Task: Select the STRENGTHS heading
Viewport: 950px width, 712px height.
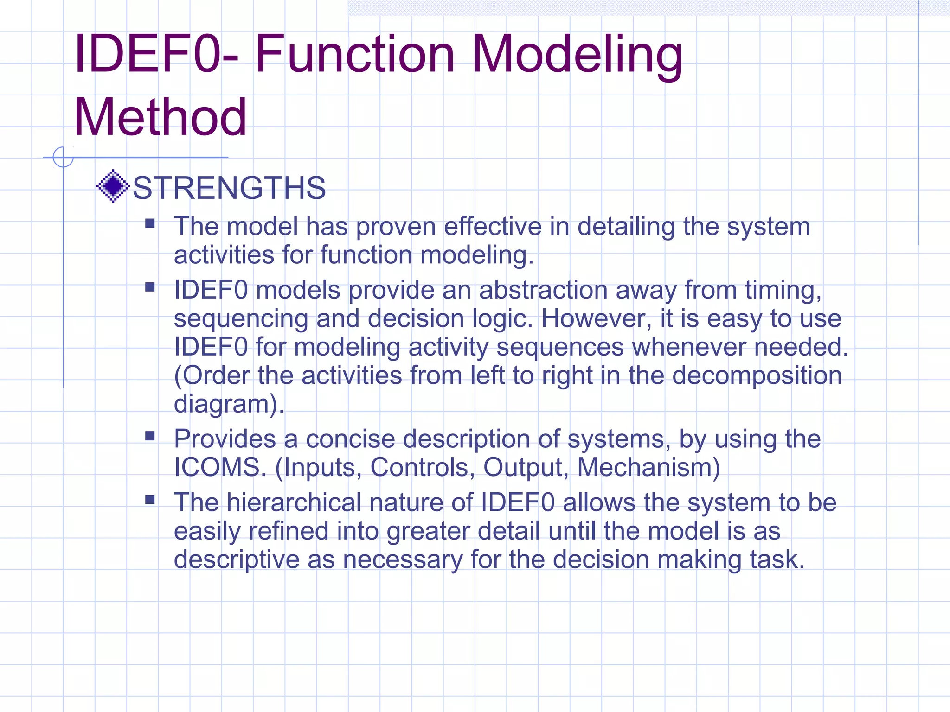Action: [x=229, y=188]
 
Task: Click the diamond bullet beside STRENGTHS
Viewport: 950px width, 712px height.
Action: [x=113, y=186]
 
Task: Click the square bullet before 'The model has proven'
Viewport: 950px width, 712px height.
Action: [x=150, y=224]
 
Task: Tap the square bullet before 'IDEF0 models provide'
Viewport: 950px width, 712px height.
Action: [x=150, y=287]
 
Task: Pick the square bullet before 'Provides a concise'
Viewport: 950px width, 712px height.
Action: [x=150, y=436]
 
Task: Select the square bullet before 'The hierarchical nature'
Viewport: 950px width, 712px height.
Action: [x=150, y=499]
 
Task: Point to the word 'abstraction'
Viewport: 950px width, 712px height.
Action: [x=543, y=290]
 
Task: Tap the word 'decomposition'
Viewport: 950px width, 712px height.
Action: [x=757, y=375]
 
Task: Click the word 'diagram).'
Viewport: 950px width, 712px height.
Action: [x=229, y=404]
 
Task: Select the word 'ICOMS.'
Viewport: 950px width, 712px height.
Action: [x=220, y=467]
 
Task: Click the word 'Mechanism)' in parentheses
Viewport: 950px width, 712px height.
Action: [x=648, y=467]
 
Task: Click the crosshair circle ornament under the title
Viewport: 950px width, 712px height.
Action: [x=63, y=157]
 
